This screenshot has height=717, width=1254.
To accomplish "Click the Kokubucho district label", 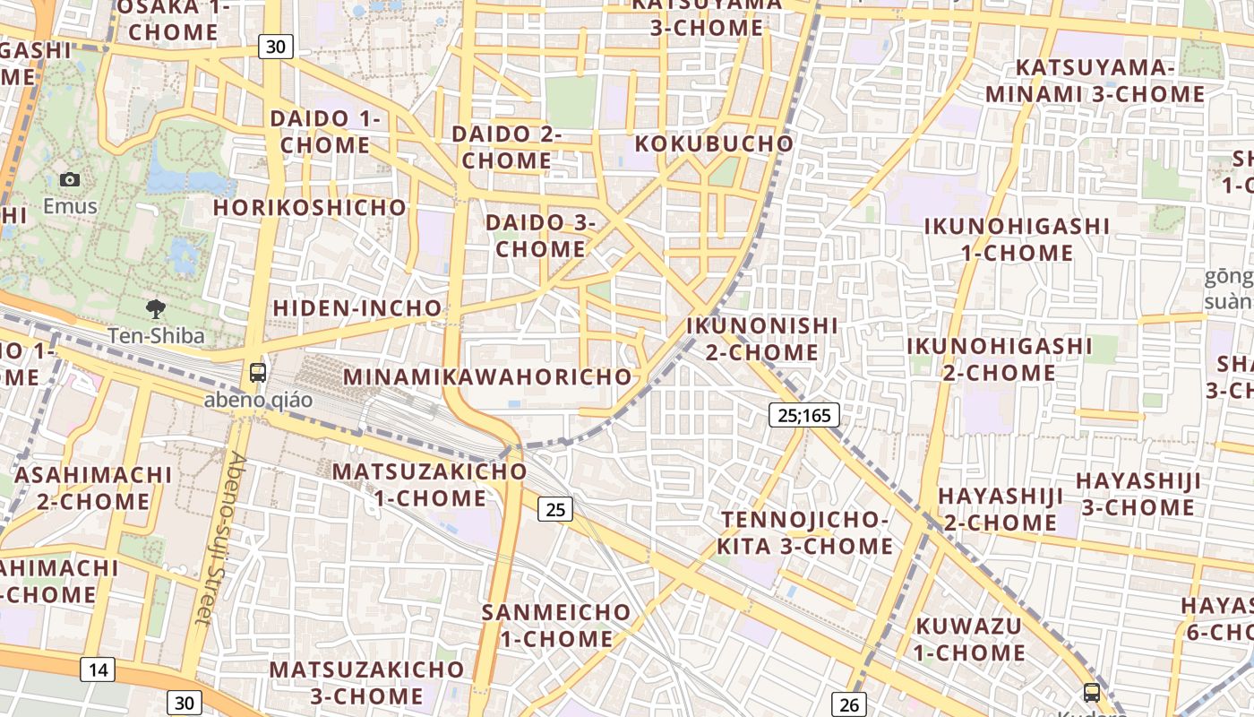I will pos(714,143).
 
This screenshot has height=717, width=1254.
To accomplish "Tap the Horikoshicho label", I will pos(310,207).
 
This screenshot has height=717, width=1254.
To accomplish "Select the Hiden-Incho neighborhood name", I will pos(357,308).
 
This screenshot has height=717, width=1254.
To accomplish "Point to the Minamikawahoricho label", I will pos(488,376).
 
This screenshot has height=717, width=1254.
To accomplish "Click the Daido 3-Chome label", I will pos(541,236).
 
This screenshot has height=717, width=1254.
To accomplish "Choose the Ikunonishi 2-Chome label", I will pos(762,339).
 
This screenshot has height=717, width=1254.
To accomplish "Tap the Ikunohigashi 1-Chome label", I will pos(1017,239).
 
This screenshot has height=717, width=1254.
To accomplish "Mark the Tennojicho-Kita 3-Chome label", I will pos(805,533).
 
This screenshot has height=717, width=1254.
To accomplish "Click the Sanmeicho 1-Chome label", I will pos(556,626).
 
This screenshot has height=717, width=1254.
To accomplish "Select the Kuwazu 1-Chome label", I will pos(968,639).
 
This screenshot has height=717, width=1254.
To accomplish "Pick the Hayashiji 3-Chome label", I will pos(1138,494).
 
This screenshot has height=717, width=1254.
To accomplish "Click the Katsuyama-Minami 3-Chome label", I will pos(1095,81).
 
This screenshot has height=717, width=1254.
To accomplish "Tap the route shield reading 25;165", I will pos(803,415).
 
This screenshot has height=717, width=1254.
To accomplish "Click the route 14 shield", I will pos(98,669).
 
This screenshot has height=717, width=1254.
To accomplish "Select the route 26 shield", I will pos(849,704).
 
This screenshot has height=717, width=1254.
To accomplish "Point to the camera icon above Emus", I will pos(70,180).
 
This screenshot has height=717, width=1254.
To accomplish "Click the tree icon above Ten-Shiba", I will pos(156,310).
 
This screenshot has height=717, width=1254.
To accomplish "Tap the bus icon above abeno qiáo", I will pos(258,373).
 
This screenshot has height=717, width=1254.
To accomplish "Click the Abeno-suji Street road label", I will pos(218,538).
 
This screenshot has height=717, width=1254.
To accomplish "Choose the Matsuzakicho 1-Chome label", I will pos(430,484).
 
